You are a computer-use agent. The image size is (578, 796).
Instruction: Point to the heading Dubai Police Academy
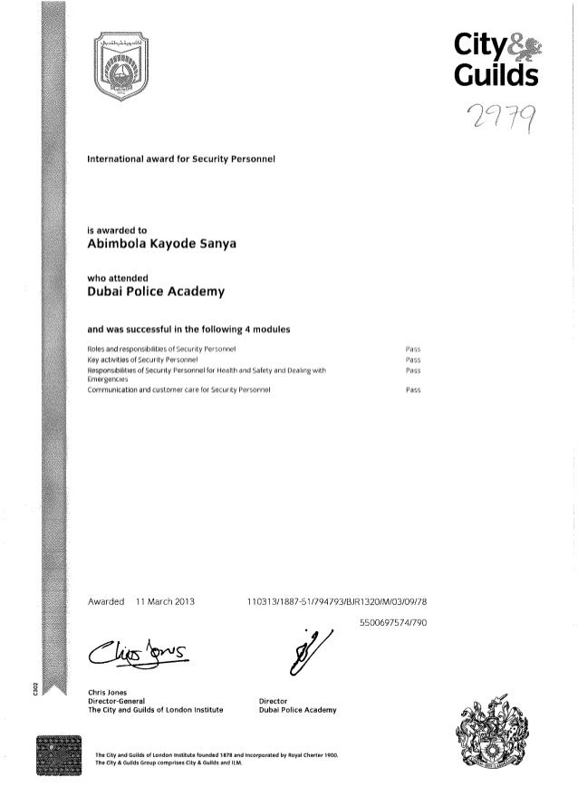(x=155, y=292)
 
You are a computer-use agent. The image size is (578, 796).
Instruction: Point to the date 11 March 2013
(x=165, y=600)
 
